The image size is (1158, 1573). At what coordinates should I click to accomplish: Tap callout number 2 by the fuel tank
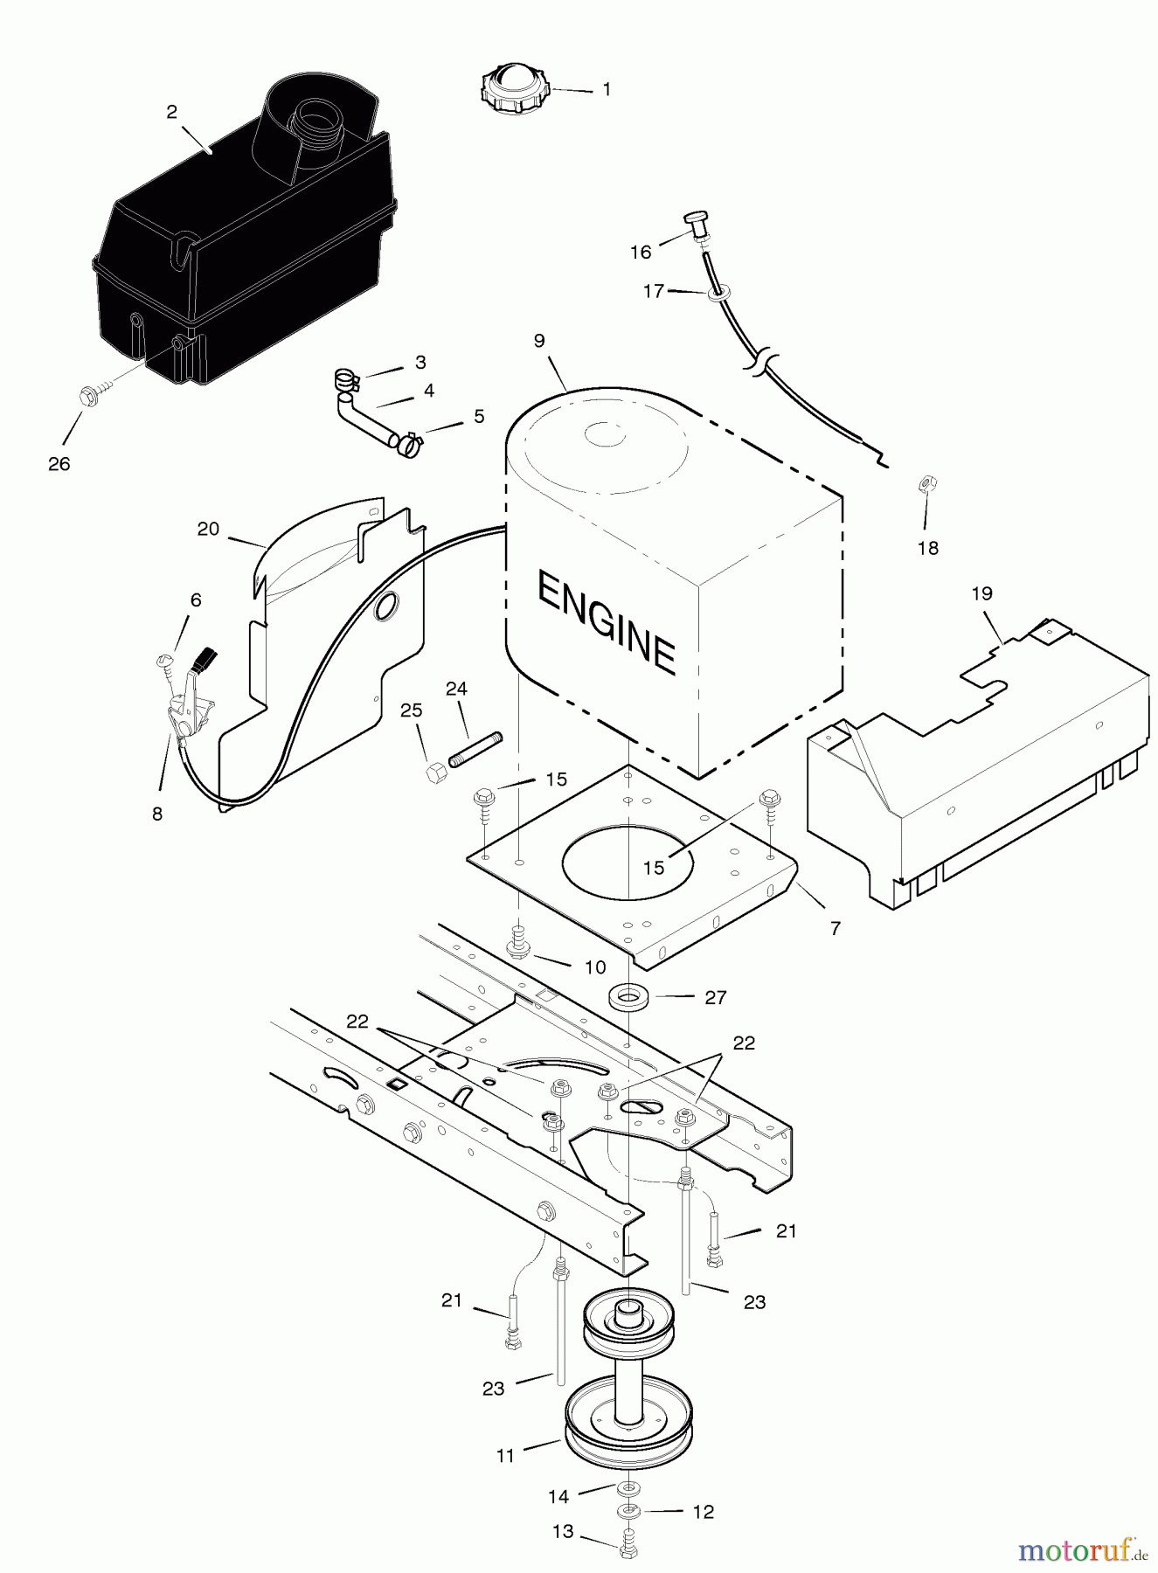coord(171,112)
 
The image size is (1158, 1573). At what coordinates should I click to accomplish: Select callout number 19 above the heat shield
coord(981,594)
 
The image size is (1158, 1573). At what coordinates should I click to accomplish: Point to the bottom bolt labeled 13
coord(627,1549)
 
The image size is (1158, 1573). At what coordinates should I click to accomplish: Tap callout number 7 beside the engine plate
coord(836,928)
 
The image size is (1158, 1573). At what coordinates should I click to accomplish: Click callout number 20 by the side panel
coord(208,529)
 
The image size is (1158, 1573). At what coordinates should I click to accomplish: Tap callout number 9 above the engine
coord(539,340)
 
